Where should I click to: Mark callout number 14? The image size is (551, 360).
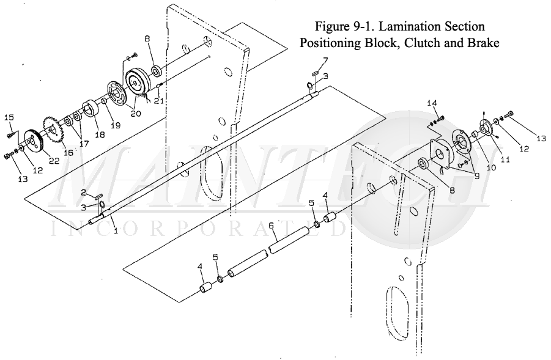432,103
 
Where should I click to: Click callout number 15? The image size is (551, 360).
9,116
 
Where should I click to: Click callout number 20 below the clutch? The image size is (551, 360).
135,113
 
